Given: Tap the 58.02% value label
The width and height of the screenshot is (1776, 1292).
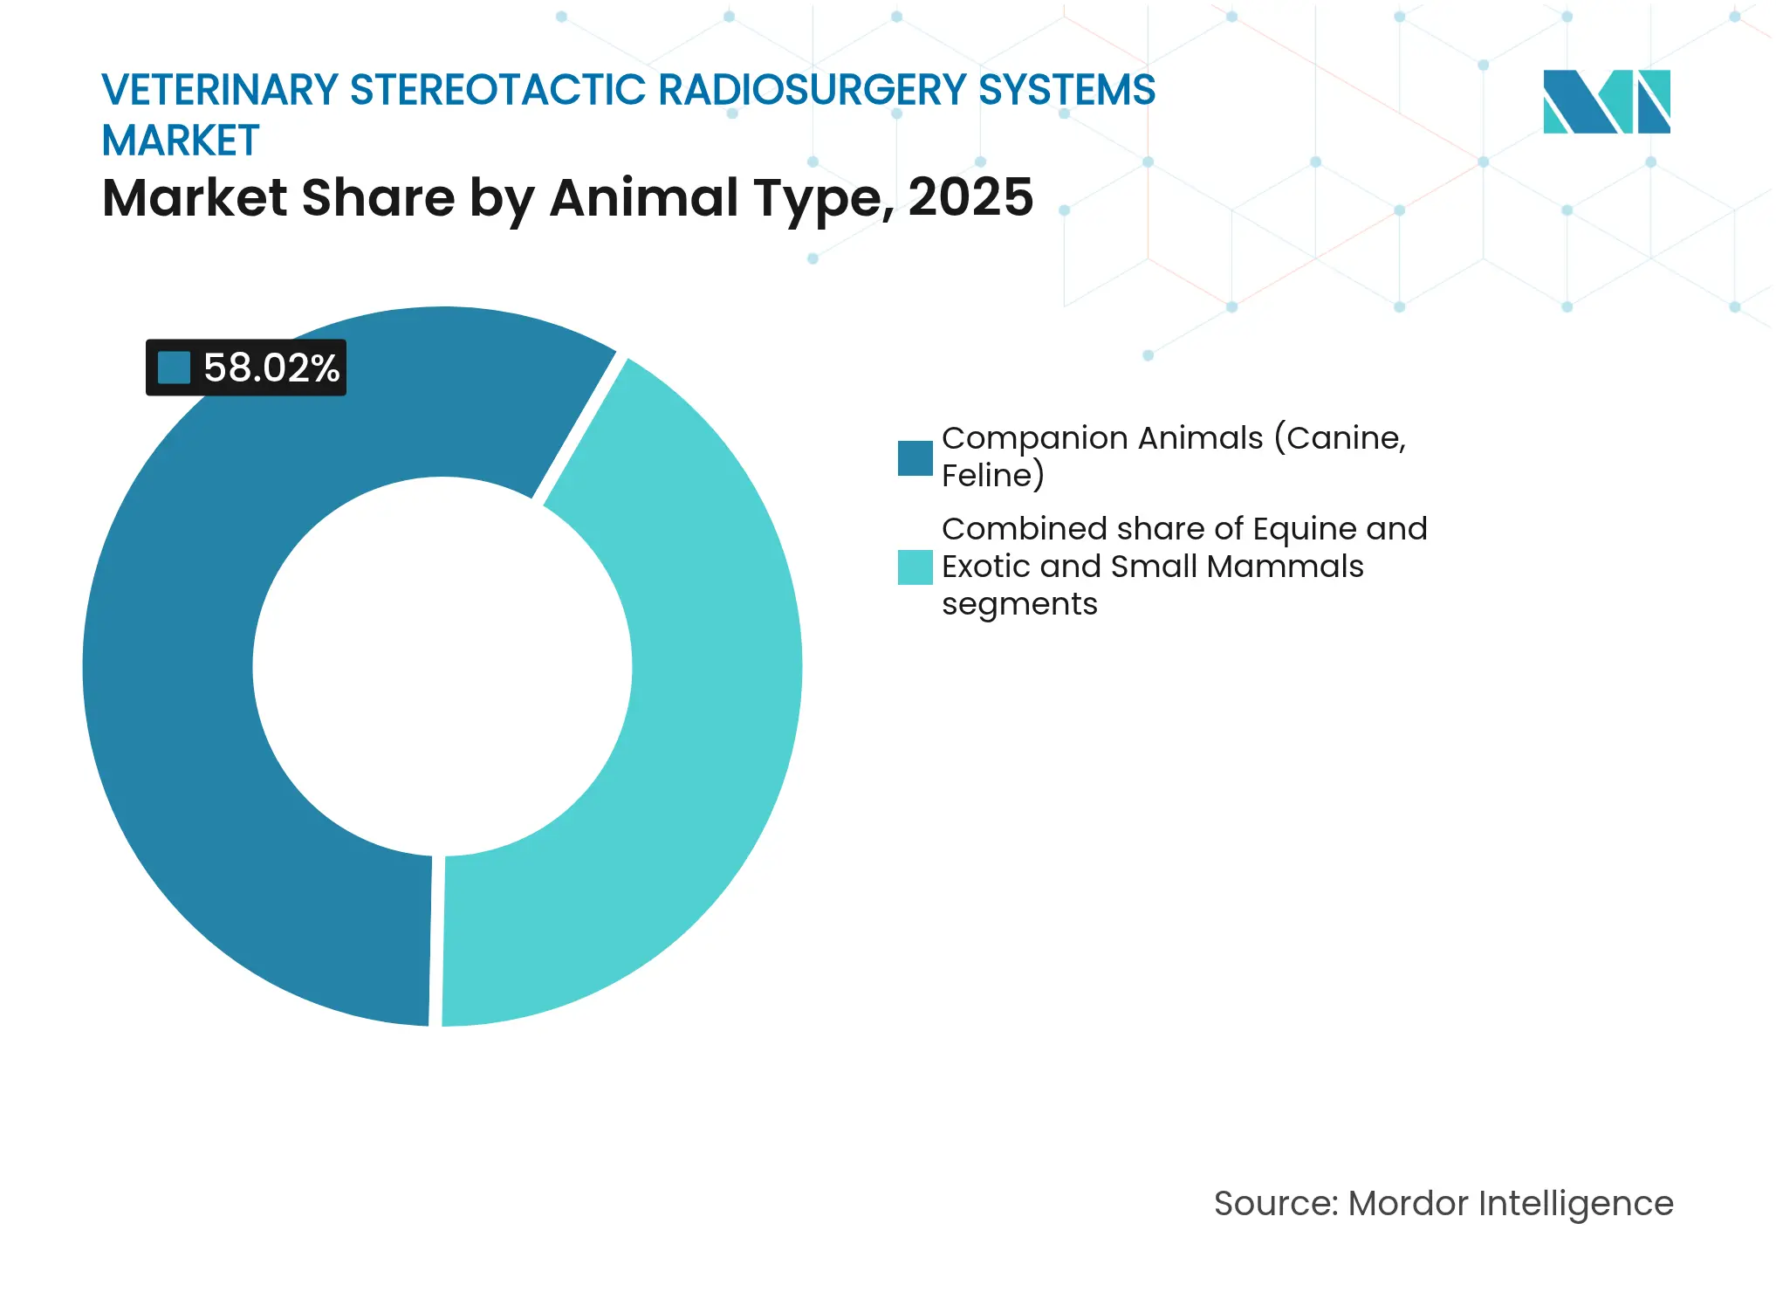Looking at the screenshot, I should (271, 368).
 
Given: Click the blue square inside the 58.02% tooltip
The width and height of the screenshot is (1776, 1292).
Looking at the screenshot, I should (174, 368).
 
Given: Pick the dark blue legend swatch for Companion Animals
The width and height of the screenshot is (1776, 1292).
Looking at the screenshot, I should (915, 458).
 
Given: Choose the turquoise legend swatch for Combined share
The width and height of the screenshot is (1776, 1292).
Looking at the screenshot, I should (915, 567).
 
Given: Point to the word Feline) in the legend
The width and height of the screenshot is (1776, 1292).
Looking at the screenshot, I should (992, 476).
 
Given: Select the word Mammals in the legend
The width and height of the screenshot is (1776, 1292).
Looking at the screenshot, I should (1285, 567).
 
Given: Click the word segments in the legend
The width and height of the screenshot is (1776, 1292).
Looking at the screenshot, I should (1018, 604).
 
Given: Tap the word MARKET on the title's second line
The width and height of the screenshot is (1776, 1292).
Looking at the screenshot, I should (181, 141).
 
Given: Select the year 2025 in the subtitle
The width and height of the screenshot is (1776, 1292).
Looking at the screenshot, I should (970, 197).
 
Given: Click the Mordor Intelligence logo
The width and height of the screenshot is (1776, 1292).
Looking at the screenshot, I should (1606, 101).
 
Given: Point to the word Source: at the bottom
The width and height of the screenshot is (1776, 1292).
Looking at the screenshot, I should (1275, 1203).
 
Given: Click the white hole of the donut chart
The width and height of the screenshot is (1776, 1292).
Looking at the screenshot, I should (442, 666).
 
